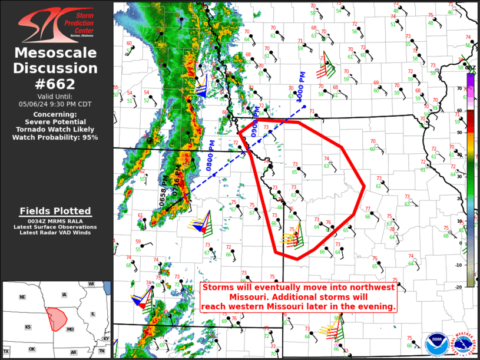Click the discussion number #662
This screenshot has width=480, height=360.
click(x=56, y=83)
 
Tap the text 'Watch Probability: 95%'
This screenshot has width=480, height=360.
click(x=56, y=137)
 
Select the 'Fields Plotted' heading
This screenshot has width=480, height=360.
click(x=55, y=211)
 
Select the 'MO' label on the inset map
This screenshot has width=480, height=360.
click(x=70, y=329)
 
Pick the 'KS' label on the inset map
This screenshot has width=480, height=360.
click(x=28, y=326)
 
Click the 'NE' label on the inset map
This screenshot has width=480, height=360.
click(x=22, y=297)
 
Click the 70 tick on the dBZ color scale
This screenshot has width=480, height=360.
click(x=459, y=88)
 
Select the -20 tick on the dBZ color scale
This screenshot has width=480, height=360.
click(x=458, y=286)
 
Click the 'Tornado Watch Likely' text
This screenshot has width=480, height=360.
click(x=55, y=129)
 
